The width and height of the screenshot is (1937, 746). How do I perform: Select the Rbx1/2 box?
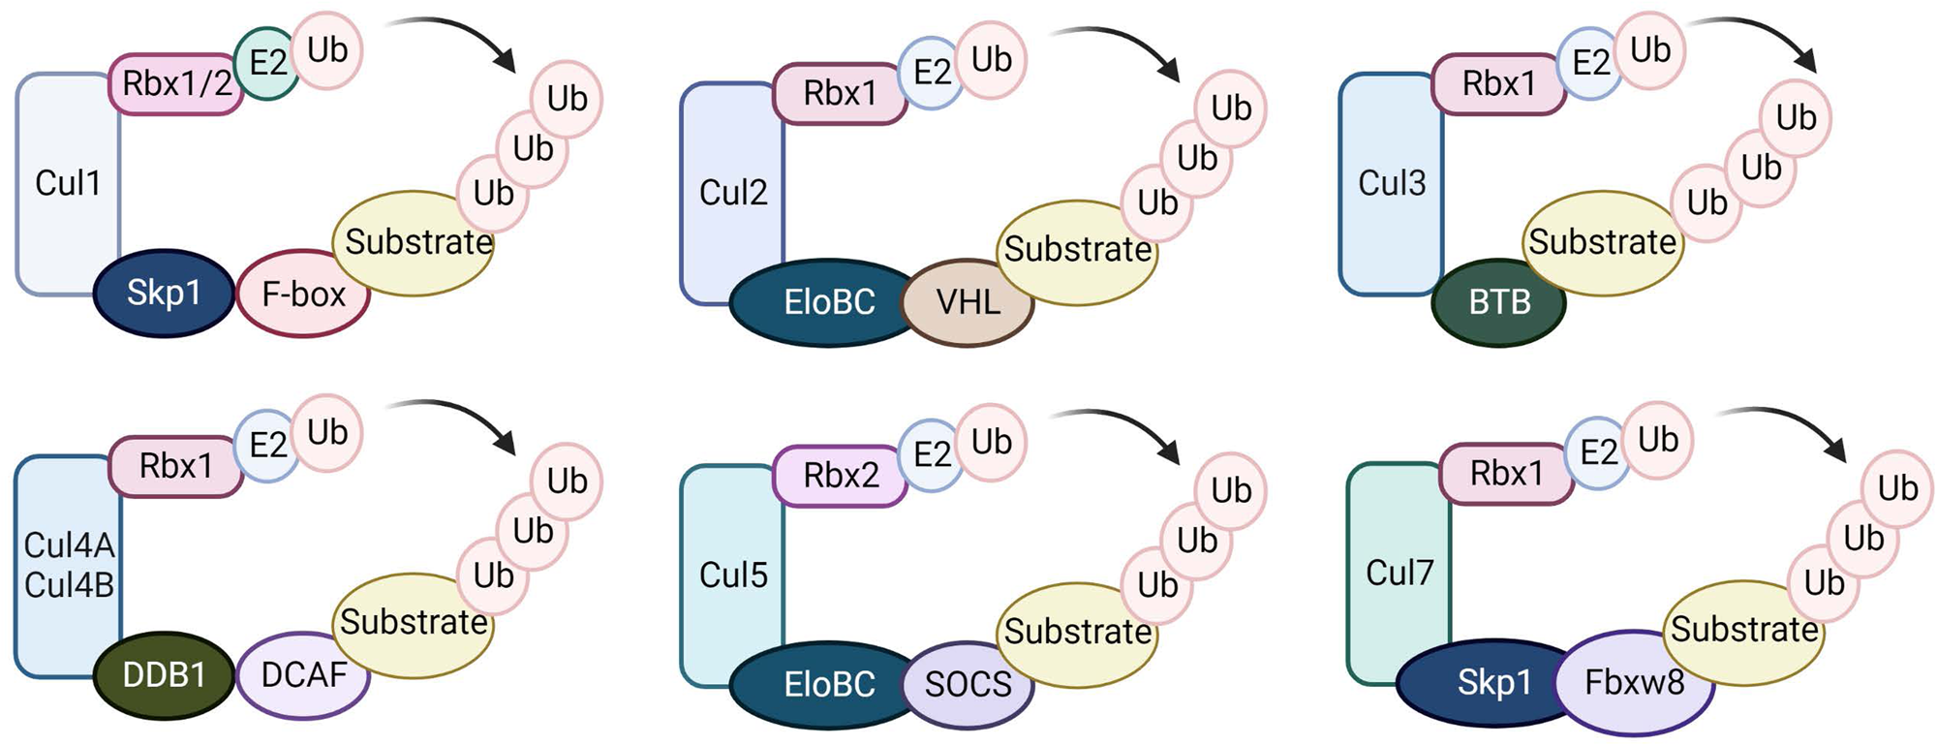pos(175,84)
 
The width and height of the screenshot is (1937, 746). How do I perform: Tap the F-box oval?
pos(303,294)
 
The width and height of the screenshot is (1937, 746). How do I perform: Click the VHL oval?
pos(968,302)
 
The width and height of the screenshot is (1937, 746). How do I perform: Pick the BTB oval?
pos(1499,302)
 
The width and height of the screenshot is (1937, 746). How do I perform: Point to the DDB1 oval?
pos(164,674)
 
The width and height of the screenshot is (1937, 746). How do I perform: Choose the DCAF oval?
pos(303,674)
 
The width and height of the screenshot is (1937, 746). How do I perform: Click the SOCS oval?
pos(968,684)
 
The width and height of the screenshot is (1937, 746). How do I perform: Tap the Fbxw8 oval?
pos(1634,683)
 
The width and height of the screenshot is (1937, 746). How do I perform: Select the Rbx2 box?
pos(841,476)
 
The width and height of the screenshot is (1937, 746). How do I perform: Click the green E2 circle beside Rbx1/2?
pos(266,64)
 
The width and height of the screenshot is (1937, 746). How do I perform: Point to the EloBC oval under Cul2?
pos(828,302)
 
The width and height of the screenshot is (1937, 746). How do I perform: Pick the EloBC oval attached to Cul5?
pos(828,684)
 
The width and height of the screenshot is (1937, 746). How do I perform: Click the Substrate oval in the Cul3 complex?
pos(1602,242)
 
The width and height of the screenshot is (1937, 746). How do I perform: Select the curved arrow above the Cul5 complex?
pos(1123,426)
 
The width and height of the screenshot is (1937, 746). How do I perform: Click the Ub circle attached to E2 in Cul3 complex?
pos(1650,50)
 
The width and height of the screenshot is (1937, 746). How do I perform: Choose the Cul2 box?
pos(732,193)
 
